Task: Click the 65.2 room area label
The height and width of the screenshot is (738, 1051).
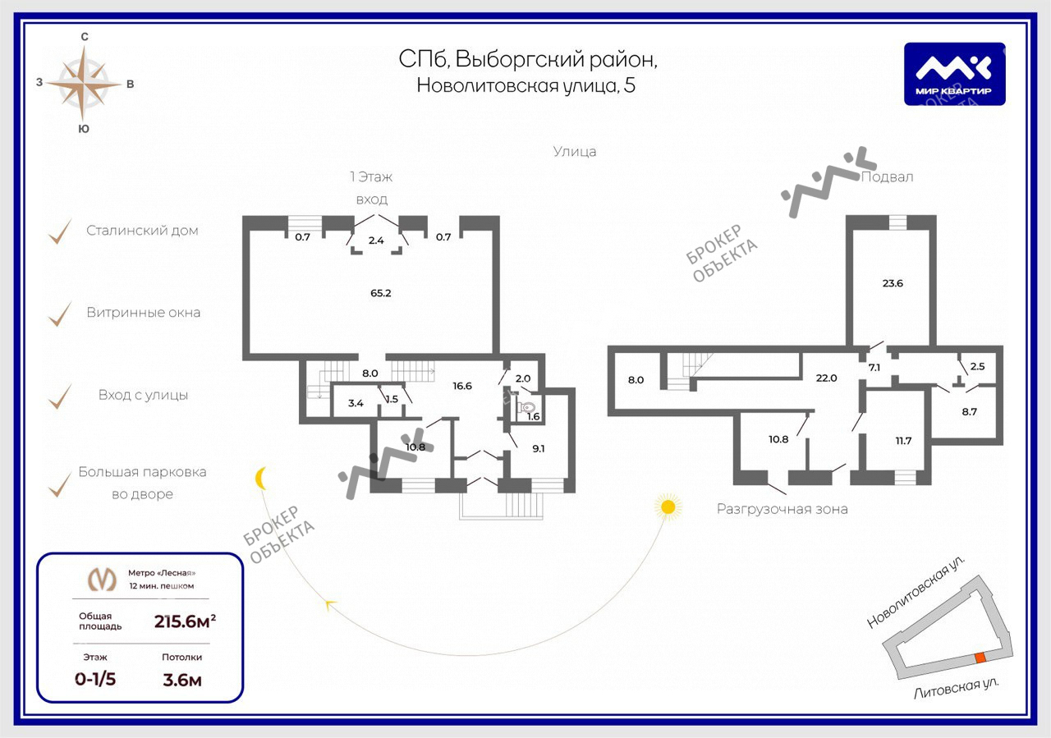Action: click(x=380, y=292)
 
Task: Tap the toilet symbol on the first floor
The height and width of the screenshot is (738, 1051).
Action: click(x=528, y=406)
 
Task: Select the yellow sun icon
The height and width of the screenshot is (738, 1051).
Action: click(x=668, y=507)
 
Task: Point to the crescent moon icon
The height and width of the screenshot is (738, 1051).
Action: click(x=262, y=478)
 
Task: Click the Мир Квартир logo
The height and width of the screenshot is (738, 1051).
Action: click(x=954, y=74)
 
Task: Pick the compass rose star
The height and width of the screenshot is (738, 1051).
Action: click(x=84, y=82)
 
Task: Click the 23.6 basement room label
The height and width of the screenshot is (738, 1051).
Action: click(x=893, y=283)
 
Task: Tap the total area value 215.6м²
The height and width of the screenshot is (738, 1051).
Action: click(x=185, y=621)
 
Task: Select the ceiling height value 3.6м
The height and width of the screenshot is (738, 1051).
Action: click(x=181, y=679)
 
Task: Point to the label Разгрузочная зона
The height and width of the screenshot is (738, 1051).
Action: click(x=782, y=509)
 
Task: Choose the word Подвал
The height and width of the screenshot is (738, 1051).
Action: click(x=887, y=176)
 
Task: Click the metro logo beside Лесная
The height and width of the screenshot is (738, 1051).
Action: click(x=102, y=580)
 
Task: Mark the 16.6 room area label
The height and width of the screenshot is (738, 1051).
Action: click(x=461, y=386)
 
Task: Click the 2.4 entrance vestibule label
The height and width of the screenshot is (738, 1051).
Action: click(x=376, y=241)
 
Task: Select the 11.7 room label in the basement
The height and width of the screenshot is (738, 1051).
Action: click(x=903, y=441)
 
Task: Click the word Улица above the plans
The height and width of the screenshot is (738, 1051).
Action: click(x=575, y=152)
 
